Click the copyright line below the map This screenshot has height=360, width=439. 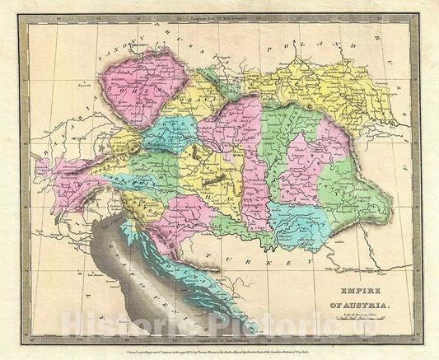pyautogui.click(x=219, y=351)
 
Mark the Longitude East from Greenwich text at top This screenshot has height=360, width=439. pyautogui.click(x=218, y=16)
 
